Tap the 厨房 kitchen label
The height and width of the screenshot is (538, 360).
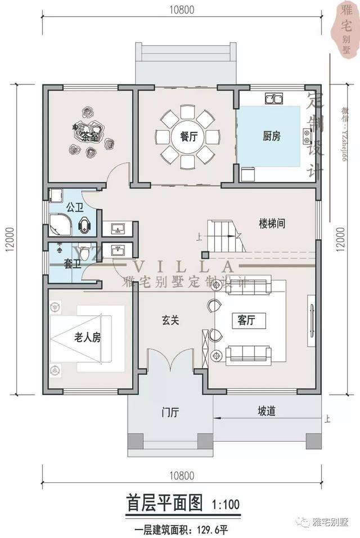(x=271, y=136)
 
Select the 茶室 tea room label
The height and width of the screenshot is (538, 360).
(x=89, y=136)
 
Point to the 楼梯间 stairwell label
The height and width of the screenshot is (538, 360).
(x=272, y=223)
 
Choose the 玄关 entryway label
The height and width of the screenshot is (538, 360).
(x=170, y=320)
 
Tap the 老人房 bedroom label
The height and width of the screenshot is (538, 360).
(x=87, y=337)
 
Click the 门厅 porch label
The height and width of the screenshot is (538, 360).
(x=170, y=413)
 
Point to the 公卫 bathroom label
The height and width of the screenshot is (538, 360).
(x=74, y=207)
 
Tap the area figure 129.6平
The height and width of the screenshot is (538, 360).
(x=210, y=530)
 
